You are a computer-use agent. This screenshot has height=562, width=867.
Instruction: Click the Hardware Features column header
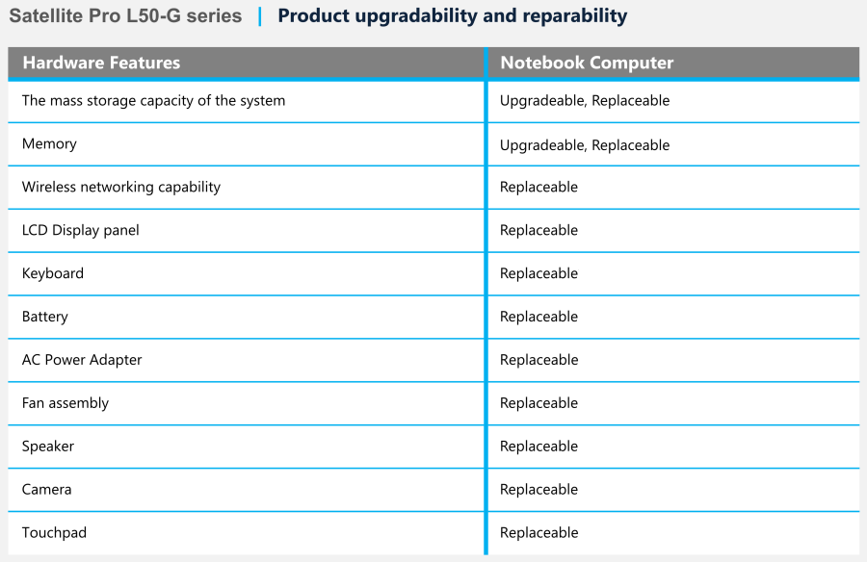(x=101, y=63)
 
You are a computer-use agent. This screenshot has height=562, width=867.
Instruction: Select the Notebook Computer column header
(x=587, y=63)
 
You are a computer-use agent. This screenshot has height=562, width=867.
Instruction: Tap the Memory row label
(x=49, y=143)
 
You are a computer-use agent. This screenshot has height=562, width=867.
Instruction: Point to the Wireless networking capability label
(x=121, y=187)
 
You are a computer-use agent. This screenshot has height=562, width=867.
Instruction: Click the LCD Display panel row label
(x=81, y=230)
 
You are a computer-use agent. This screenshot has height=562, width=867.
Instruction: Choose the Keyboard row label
(x=53, y=273)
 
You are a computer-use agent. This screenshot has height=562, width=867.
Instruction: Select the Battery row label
(x=44, y=316)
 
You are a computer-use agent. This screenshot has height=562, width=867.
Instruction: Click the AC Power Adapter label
(x=82, y=360)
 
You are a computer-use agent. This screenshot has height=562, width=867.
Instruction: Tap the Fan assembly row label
(x=66, y=403)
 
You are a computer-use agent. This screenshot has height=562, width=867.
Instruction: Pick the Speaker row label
(x=48, y=446)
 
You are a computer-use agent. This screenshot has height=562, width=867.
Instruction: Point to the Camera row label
(x=47, y=489)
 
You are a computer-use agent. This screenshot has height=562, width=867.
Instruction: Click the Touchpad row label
(x=54, y=533)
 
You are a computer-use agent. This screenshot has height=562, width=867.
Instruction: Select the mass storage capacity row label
(x=154, y=101)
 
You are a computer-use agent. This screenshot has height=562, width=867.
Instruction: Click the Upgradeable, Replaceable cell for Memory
(x=585, y=144)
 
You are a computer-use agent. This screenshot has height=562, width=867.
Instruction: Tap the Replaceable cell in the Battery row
(x=539, y=316)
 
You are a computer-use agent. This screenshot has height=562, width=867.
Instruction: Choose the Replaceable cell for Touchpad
(x=539, y=533)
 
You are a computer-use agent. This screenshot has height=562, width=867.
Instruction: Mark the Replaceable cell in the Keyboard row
(x=539, y=273)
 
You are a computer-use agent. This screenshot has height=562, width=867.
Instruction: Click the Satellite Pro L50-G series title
(x=125, y=15)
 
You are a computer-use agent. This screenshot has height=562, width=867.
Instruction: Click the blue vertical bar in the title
(x=260, y=16)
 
